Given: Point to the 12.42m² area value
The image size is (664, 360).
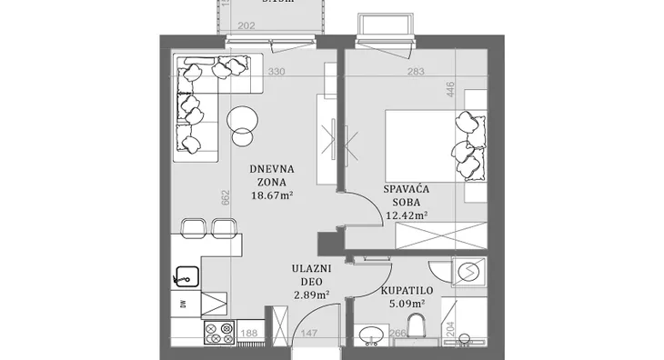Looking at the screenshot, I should (406, 215).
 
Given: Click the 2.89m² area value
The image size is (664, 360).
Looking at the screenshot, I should (311, 295).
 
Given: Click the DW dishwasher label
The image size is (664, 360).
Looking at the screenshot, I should (182, 303).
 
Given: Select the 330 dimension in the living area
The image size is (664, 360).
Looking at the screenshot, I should (278, 72).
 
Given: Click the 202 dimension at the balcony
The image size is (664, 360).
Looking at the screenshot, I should (246, 26).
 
